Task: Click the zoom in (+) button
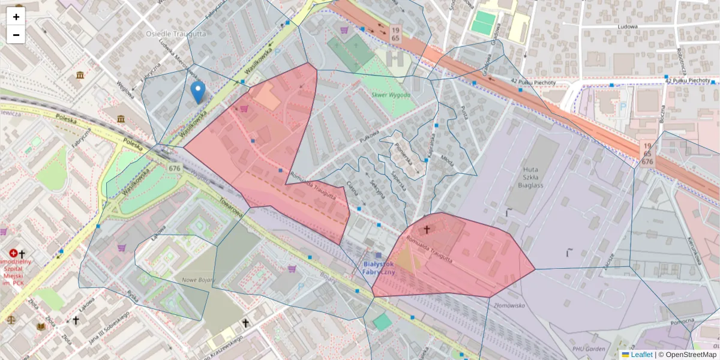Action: point(16,17)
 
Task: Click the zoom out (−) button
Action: point(16,35)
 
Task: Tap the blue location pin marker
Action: point(197,92)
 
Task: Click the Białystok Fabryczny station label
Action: point(379,268)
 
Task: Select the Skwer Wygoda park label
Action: point(391,95)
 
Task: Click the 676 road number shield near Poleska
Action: point(175,169)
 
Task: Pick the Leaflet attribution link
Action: point(641,355)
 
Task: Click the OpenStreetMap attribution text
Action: point(687,355)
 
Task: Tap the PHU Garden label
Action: point(589,349)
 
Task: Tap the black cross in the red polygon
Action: point(427,229)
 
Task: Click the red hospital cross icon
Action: point(13,254)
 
